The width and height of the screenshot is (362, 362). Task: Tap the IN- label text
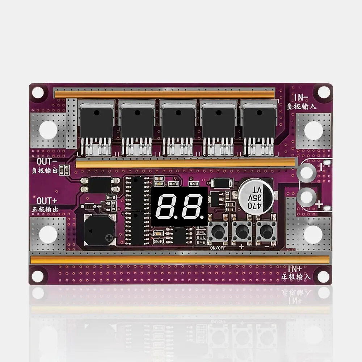pyautogui.click(x=302, y=97)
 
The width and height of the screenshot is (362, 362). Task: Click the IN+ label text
pyautogui.click(x=296, y=268)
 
